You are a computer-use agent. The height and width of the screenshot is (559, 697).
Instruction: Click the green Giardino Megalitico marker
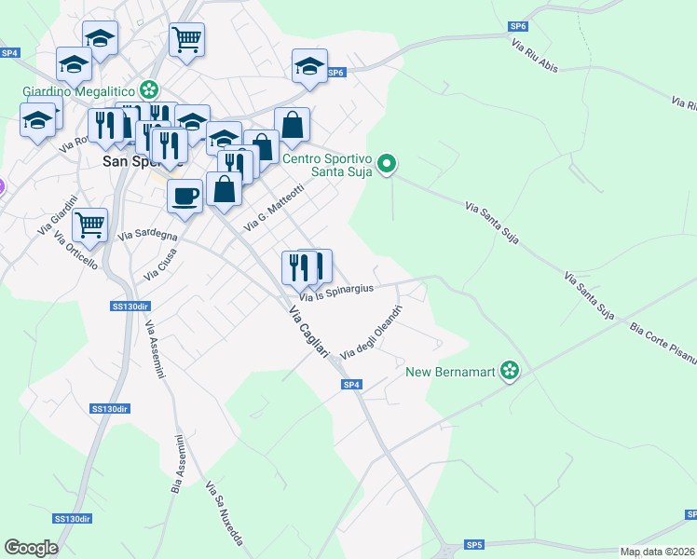coord(148,90)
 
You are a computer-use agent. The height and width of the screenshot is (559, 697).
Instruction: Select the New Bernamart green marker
coord(510,372)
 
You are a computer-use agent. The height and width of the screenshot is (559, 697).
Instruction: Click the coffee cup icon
coord(184,196)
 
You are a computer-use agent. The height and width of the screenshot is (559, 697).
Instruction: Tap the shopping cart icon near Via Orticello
coord(89,224)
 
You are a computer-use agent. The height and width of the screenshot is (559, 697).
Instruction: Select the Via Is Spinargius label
coord(336,290)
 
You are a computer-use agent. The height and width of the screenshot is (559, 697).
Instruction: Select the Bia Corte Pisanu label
coord(663,341)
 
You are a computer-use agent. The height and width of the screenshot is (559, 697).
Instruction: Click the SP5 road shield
coord(474,544)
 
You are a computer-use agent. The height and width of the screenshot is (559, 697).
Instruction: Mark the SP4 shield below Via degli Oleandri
coord(350,384)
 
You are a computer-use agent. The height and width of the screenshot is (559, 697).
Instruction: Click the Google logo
coord(31,548)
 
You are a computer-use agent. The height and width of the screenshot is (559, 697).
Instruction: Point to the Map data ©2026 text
coord(657,552)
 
